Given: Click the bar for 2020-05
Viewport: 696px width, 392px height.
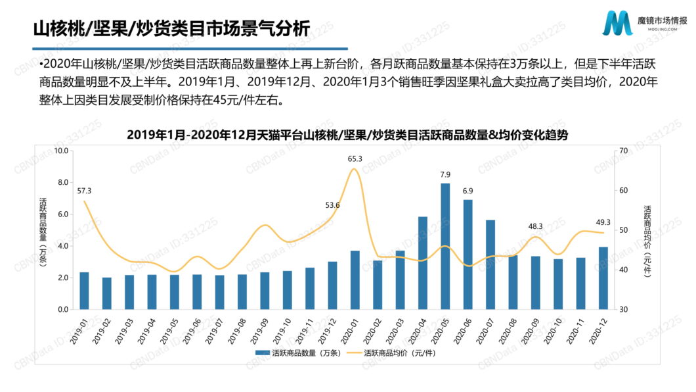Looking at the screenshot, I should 445,246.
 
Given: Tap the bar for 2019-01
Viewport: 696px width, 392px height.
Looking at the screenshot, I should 84,291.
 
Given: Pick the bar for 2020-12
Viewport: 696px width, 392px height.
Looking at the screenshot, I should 603,278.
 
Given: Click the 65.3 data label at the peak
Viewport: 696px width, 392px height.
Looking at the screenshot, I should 355,159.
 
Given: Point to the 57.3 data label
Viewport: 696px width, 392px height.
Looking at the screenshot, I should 84,191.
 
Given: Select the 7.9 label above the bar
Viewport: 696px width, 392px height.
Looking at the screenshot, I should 445,174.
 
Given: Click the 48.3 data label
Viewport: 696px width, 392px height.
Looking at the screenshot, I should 535,226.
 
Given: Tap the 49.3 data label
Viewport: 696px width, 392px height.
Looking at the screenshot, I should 603,222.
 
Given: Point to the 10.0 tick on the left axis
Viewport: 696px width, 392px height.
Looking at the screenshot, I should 61,151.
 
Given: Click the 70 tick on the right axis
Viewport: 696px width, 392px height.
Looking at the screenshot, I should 623,151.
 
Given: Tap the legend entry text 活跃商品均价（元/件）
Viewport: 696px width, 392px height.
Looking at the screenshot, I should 400,353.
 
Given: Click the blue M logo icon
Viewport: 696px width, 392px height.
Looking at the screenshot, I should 617,24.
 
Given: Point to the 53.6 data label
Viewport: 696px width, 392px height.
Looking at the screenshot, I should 332,205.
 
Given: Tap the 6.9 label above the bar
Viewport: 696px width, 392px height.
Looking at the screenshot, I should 468,191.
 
